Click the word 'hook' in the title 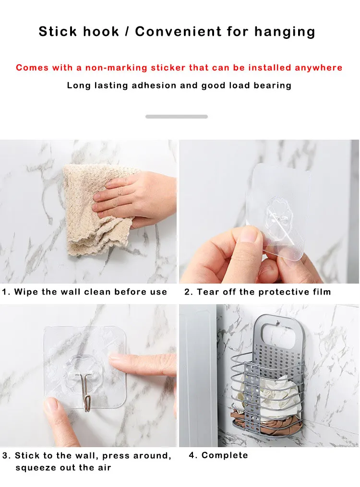101,31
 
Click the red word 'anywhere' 318,68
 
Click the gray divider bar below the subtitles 177,117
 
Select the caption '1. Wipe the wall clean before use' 84,292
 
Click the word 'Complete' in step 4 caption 225,455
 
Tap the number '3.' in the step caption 7,456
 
